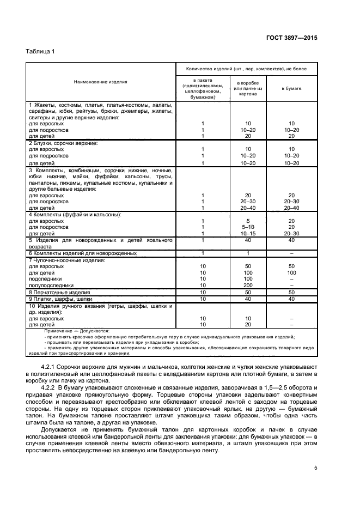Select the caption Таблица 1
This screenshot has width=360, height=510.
click(x=41, y=51)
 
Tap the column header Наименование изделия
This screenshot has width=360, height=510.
click(x=101, y=82)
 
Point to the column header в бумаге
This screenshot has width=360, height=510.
click(x=291, y=88)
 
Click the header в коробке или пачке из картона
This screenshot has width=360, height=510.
click(x=248, y=88)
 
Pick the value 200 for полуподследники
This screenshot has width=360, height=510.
click(x=248, y=285)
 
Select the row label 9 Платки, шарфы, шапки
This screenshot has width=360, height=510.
click(x=60, y=299)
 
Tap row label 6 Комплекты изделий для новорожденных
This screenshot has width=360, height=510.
click(x=82, y=253)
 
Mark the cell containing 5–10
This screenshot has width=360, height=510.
click(x=248, y=227)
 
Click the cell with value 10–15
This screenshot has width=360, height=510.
click(x=248, y=233)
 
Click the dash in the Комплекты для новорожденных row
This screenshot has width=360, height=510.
click(x=291, y=253)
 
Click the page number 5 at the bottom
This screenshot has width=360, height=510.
click(x=315, y=467)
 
